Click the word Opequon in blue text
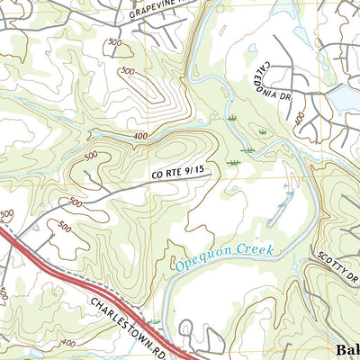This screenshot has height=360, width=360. pyautogui.click(x=202, y=260)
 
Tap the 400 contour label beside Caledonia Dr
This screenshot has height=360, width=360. pyautogui.click(x=298, y=119)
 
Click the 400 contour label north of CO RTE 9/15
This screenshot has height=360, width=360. pyautogui.click(x=138, y=135)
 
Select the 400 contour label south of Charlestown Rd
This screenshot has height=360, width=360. pyautogui.click(x=66, y=343)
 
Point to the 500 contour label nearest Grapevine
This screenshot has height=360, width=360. pyautogui.click(x=114, y=42)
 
